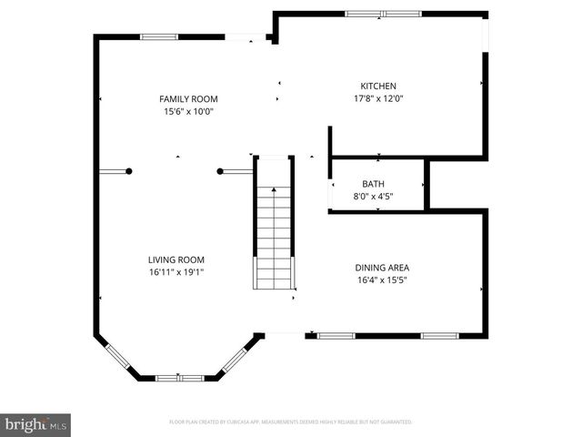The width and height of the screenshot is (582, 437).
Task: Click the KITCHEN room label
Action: coord(378,86)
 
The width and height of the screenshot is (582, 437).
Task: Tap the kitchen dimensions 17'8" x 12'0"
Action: coord(378,99)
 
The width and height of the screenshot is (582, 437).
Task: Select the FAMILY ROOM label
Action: coord(188,99)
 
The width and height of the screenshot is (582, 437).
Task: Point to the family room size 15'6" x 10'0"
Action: coord(188,112)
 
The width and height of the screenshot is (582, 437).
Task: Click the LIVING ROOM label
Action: coord(176,259)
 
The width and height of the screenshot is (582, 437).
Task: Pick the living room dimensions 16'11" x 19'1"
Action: coord(176,271)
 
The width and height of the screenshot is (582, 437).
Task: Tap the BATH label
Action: coord(373,184)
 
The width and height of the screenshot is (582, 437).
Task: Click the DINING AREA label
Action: coord(381,268)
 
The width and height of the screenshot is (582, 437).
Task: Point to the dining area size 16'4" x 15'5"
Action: coord(381,280)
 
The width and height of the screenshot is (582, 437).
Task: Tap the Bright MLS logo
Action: coord(36,424)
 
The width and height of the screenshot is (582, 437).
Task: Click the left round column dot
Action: coord(130,171)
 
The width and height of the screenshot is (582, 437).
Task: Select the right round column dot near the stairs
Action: coord(220,171)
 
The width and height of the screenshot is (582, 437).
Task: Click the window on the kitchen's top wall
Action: coord(376,14)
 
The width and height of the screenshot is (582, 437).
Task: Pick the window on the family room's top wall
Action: coord(158,36)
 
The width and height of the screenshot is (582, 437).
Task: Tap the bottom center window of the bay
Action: coord(179,378)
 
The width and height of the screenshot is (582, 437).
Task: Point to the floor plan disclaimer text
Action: coord(290,422)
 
